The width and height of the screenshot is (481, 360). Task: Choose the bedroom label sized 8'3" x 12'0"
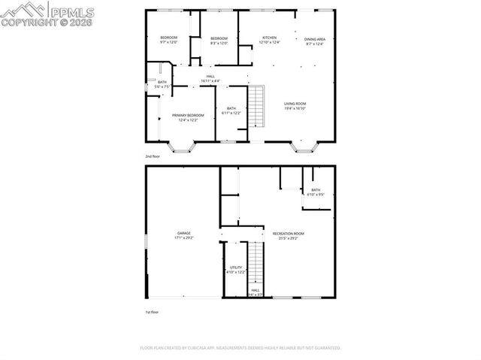pos(219,38)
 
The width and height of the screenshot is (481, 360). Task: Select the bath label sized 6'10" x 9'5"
pos(316,190)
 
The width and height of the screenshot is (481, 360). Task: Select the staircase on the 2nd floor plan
pos(257,107)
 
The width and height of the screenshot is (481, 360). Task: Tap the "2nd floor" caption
pos(152,156)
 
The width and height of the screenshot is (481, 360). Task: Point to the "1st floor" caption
pos(152,312)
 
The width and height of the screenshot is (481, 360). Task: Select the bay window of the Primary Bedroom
pos(181,146)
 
